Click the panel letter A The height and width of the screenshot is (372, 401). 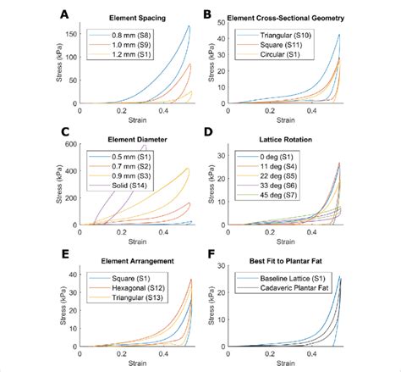[65, 14]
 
